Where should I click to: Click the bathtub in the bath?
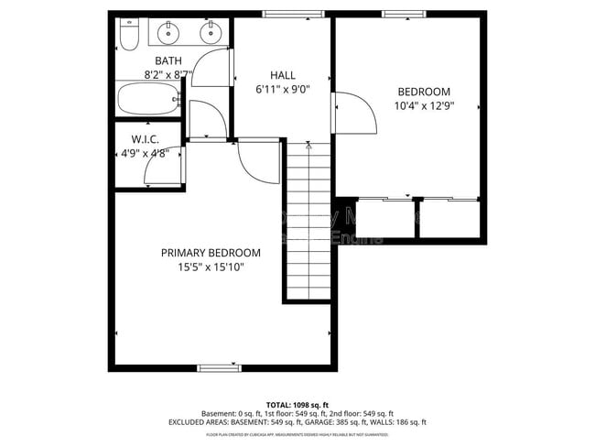147,98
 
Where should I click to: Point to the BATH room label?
168,60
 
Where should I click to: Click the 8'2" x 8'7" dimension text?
168,74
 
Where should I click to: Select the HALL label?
283,75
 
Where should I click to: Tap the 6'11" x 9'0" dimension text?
283,90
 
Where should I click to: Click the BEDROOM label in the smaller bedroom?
424,92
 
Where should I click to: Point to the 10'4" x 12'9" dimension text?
424,106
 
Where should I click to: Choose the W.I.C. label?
146,139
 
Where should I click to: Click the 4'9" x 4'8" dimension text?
146,154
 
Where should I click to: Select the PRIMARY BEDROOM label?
211,253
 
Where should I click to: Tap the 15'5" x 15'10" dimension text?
211,267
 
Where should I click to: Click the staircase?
309,220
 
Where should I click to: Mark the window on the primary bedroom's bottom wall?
220,367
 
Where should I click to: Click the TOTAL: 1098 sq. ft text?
297,404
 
